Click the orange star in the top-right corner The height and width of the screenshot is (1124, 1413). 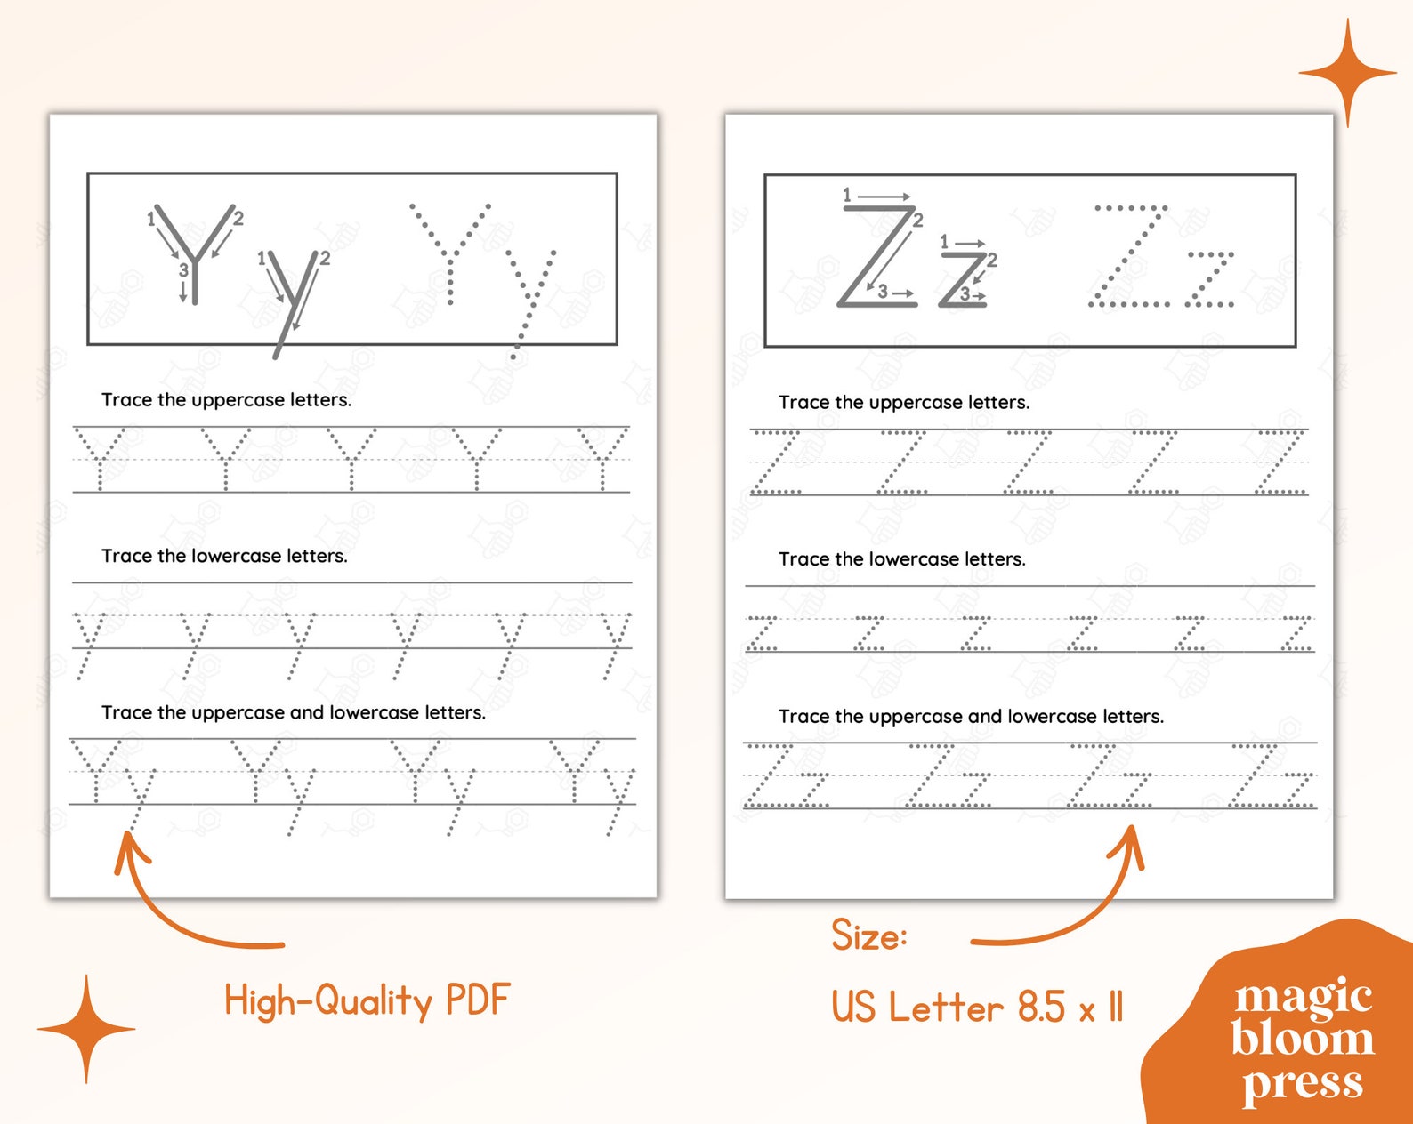point(1347,73)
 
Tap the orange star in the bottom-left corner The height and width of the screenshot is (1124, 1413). point(86,1029)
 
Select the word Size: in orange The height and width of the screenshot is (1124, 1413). point(868,935)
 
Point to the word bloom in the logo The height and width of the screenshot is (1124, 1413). point(1303,1038)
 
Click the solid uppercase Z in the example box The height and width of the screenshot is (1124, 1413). point(878,257)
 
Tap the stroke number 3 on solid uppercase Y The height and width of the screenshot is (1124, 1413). point(183,269)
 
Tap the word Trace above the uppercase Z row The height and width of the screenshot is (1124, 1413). point(803,403)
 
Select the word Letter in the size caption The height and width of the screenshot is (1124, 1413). point(946,1008)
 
